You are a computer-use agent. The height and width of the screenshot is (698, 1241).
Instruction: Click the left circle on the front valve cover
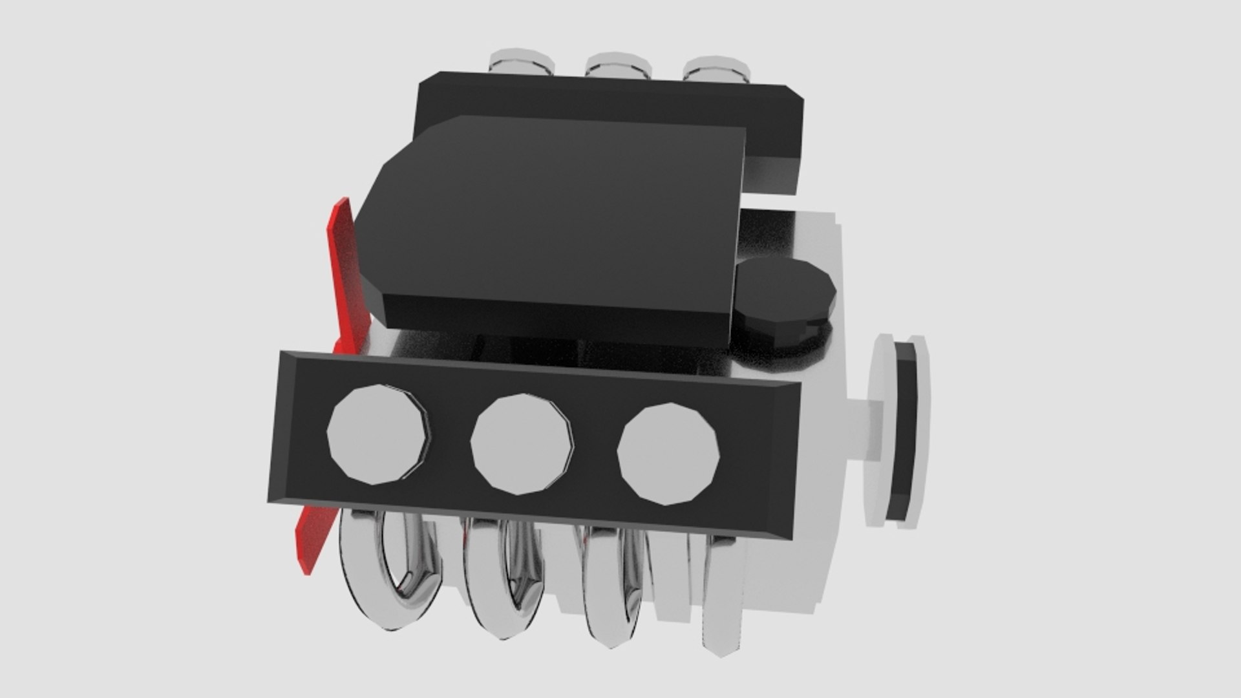tap(378, 434)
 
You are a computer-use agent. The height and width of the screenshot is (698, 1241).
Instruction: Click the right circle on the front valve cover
tap(668, 454)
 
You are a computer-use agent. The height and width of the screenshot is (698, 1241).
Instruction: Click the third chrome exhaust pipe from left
tap(611, 595)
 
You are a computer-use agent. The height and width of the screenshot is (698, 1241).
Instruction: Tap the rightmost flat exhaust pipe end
tap(724, 601)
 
